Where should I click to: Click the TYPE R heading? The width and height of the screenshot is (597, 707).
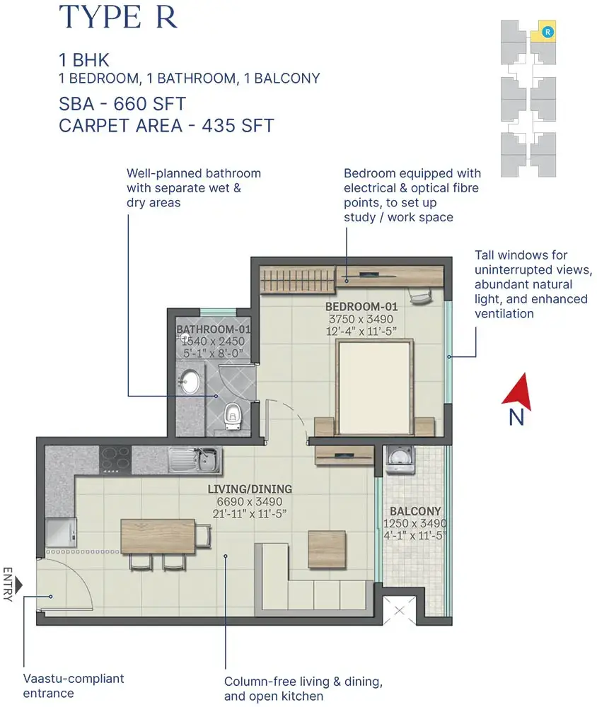point(118,17)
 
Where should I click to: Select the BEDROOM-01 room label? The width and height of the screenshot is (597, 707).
point(361,307)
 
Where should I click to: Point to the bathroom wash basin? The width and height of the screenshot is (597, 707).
point(190,382)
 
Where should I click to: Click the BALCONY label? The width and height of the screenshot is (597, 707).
point(415,511)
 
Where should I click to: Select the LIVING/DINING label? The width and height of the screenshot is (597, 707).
point(250,489)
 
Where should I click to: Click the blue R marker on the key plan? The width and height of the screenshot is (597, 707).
point(547,31)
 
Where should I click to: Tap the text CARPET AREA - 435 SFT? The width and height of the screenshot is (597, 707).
point(166,127)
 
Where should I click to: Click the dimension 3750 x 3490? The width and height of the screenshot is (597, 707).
point(361,319)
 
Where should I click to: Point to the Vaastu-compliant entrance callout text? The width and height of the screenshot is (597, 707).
point(73,685)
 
